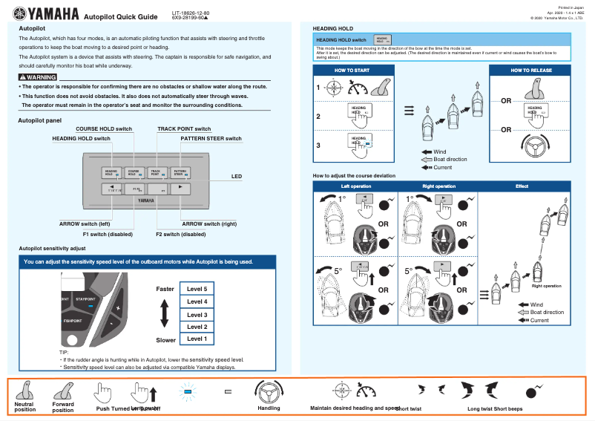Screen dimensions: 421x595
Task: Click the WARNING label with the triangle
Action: (38, 76)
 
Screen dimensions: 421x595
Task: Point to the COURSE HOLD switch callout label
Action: (104, 128)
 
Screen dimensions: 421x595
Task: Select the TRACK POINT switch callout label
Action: (184, 128)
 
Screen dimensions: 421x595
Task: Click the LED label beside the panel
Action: (237, 176)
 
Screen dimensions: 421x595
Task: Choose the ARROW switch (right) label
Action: (209, 223)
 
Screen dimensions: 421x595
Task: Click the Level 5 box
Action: (197, 288)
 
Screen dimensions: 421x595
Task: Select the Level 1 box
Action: (197, 339)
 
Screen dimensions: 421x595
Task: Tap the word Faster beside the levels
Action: (165, 288)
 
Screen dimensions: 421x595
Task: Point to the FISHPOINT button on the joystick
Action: (72, 321)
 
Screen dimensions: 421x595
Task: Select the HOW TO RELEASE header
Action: (530, 70)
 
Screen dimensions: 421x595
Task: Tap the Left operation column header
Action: (355, 186)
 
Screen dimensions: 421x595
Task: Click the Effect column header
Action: (522, 186)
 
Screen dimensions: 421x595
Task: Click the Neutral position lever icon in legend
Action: (25, 390)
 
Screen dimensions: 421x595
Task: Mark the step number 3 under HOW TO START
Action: (318, 146)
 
